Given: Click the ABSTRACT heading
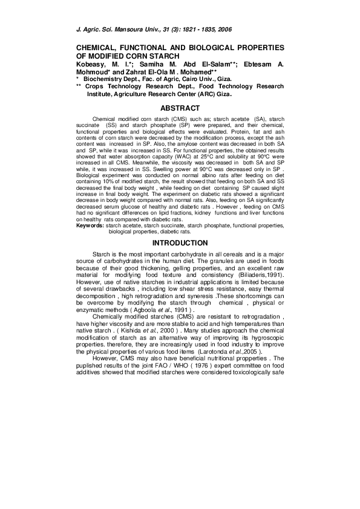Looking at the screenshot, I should point(180,108).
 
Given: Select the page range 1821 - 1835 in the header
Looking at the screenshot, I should point(203,29).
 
